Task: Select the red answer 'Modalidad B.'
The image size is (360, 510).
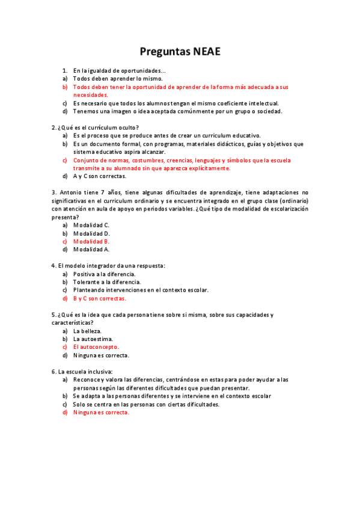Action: coord(91,241)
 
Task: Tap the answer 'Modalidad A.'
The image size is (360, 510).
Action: coord(91,249)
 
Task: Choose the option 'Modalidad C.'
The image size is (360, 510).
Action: coord(91,225)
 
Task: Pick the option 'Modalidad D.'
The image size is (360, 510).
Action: coord(91,233)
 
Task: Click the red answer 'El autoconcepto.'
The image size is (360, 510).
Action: coord(96,347)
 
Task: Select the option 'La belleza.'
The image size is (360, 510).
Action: coord(87,331)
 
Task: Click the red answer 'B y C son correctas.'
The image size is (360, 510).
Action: coord(100,298)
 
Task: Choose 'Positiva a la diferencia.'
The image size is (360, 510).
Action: coord(104,274)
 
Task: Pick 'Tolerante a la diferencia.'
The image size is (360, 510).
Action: coord(107,282)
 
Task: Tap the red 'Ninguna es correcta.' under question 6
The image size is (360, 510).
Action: coord(101,413)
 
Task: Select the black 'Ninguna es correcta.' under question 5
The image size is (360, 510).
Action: coord(101,355)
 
